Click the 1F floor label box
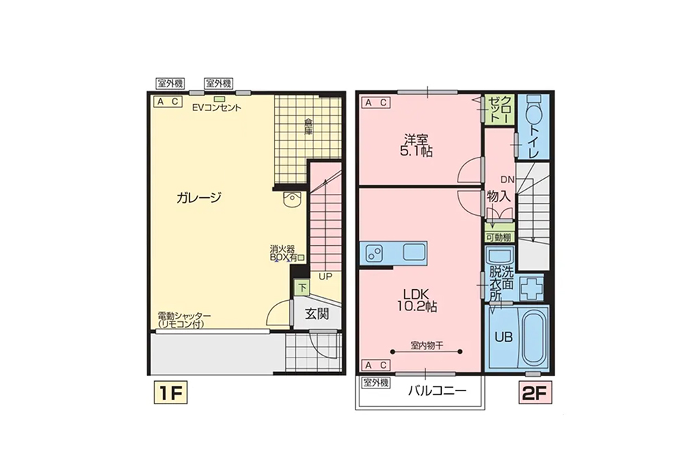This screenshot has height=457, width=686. pos(170,393)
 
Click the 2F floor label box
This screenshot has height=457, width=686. pos(535,393)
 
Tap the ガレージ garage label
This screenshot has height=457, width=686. pos(199,198)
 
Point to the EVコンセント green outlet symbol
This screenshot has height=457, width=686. pos(220,99)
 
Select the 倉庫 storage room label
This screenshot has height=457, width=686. pos(309,126)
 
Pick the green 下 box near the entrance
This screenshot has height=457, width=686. pos(302,288)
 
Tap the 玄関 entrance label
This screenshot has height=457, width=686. pos(317,314)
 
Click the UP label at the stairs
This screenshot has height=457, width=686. pos(325,276)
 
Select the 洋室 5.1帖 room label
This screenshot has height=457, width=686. pos(416,146)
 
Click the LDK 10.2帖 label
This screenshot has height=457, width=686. pos(417,300)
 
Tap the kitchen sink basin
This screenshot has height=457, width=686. pos(414,252)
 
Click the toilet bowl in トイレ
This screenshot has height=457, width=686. pos(532,110)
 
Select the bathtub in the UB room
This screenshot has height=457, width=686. pos(533,337)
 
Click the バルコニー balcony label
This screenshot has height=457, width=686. pos(437,390)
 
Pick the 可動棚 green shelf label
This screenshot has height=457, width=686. pos(499,237)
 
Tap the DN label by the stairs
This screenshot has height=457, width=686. pos(508,179)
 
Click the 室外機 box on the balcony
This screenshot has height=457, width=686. pos(375,383)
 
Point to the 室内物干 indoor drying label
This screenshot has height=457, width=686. pos(427,345)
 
